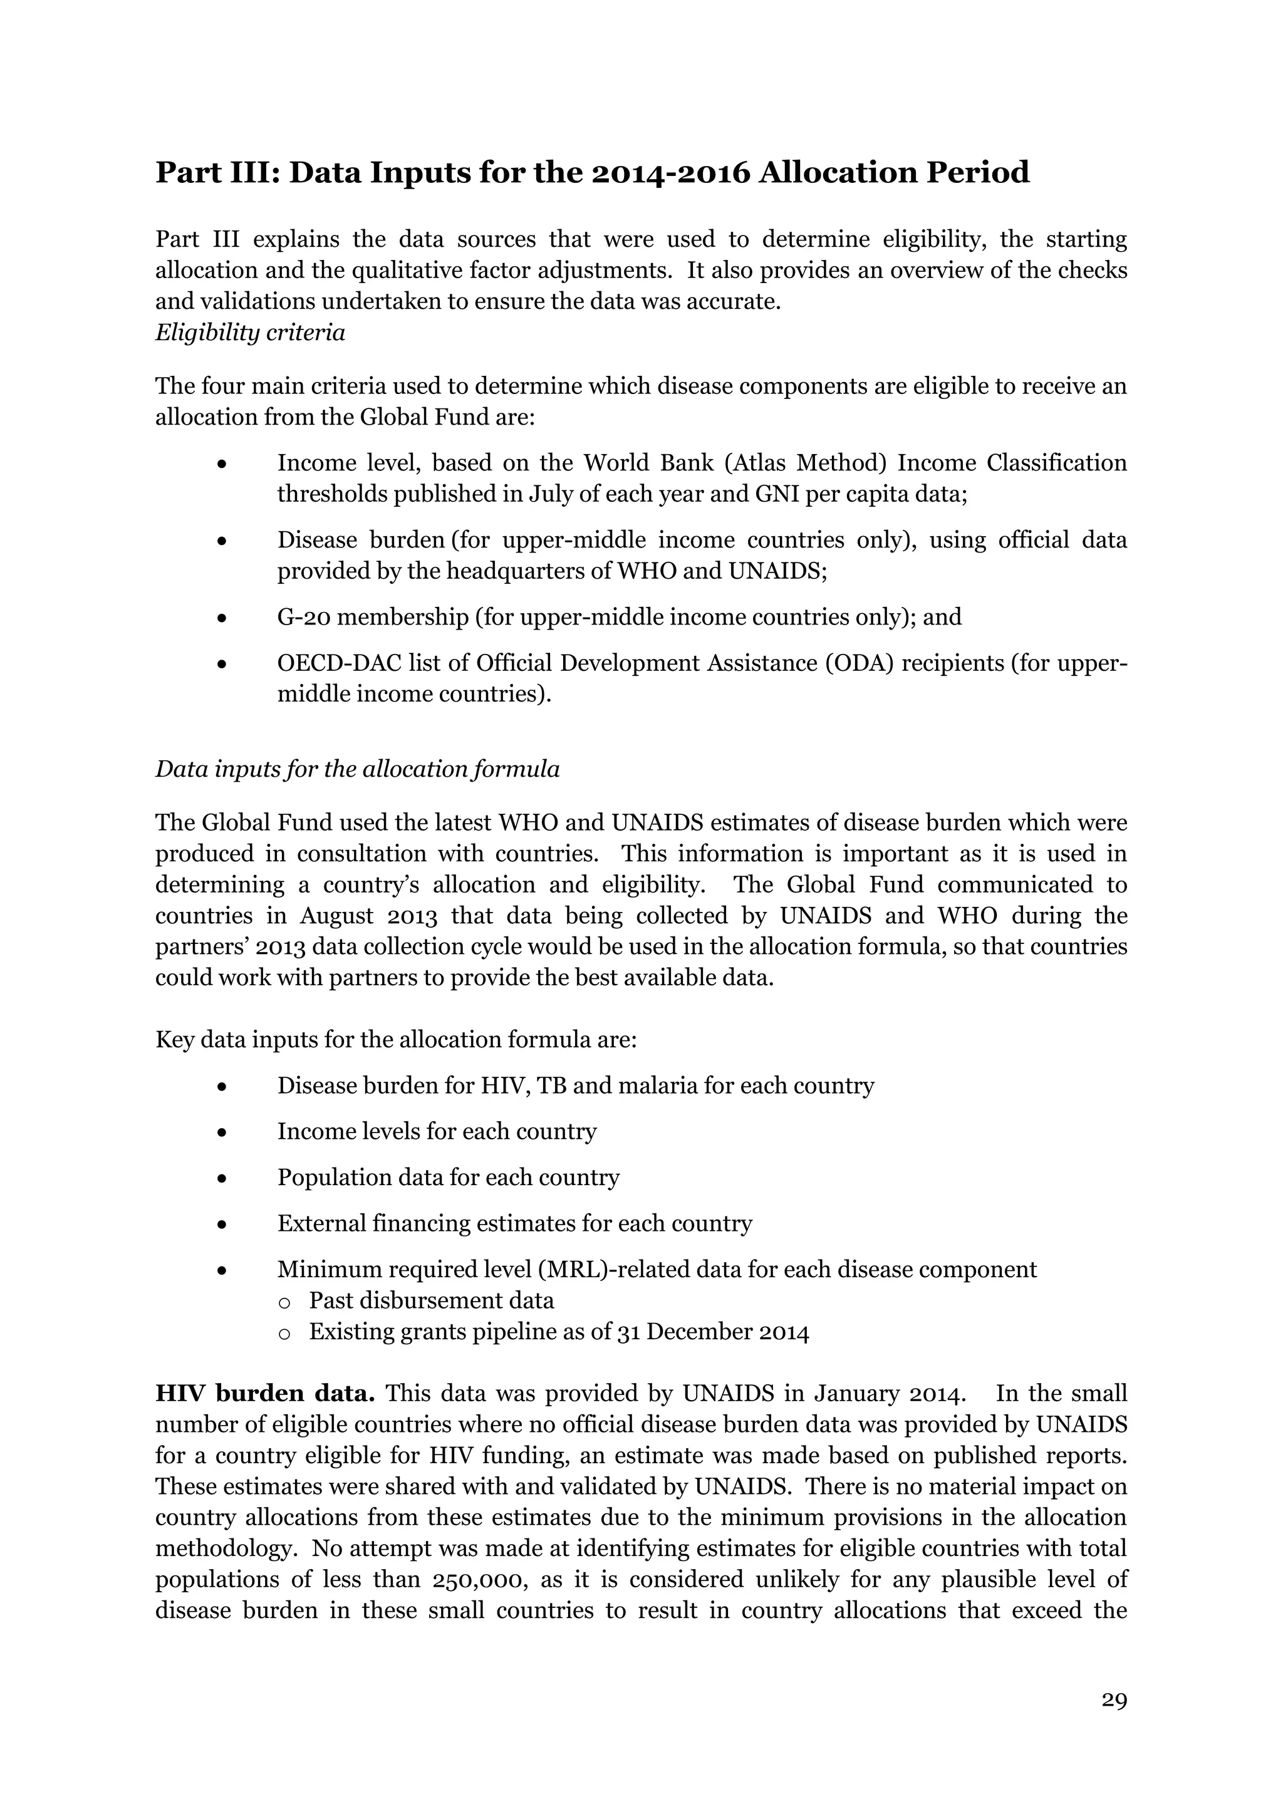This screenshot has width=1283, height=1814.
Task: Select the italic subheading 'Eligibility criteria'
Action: tap(250, 333)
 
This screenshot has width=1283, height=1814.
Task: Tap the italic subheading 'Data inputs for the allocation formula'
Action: tap(357, 769)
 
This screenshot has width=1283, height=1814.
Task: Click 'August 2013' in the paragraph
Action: tap(366, 916)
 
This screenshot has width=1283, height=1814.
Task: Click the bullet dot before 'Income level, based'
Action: tap(223, 464)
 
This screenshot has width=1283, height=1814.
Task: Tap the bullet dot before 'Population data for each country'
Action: tap(223, 1179)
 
